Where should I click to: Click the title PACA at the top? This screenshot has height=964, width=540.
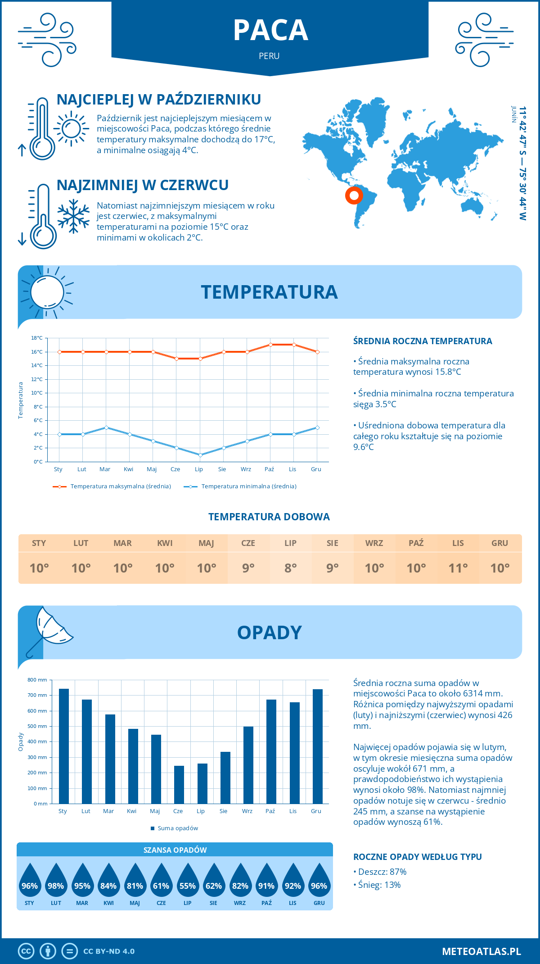(270, 31)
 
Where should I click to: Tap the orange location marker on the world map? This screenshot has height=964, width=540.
(354, 196)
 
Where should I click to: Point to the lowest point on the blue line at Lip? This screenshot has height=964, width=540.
(200, 455)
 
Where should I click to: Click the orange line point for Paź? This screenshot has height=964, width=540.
(270, 345)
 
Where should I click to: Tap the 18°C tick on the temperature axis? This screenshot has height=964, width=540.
(37, 338)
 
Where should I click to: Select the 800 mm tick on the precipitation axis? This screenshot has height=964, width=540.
(37, 680)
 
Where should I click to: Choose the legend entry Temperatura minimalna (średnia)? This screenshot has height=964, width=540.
(248, 487)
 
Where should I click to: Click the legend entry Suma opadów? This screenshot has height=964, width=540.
(177, 828)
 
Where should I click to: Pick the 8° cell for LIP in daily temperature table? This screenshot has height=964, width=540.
(290, 568)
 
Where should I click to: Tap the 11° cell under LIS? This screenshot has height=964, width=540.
(458, 568)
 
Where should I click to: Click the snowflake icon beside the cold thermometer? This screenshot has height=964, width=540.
(73, 216)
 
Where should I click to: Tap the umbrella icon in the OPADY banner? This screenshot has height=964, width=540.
(49, 631)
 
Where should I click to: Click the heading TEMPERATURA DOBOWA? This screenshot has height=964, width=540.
(269, 517)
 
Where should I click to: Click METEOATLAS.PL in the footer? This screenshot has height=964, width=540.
(481, 951)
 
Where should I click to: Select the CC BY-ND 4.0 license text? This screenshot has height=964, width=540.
(109, 951)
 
